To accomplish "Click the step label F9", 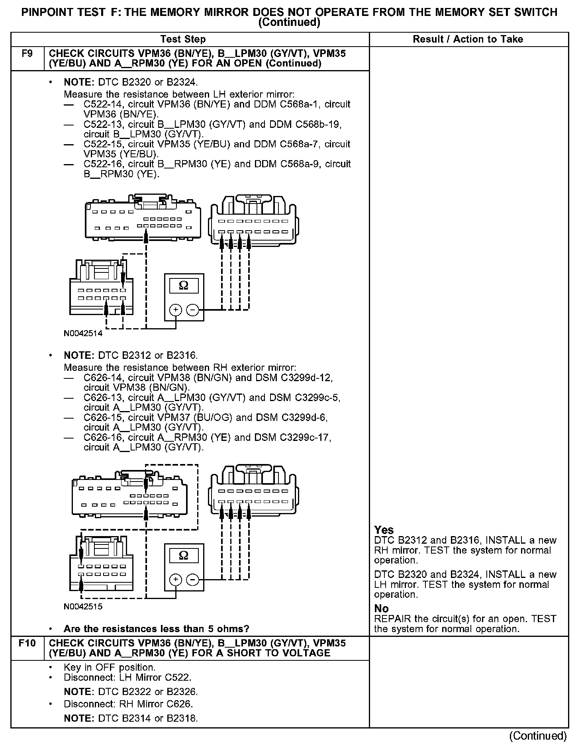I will point(27,53).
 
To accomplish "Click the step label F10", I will point(27,643).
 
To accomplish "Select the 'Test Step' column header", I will point(183,39).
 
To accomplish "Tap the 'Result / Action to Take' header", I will point(468,39).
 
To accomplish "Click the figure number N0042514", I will point(83,333).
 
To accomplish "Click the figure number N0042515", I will point(83,607).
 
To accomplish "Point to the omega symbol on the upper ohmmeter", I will point(184,285).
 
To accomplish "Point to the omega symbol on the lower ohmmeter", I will point(184,556).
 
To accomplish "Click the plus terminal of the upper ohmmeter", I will point(176,309).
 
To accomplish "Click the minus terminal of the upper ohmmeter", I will point(192,309).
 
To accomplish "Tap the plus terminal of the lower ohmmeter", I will point(176,580).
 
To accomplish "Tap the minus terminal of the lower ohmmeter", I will point(192,580).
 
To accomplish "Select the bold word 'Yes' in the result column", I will point(384,530).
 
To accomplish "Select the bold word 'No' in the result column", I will point(381,609).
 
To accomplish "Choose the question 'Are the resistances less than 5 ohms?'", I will point(156,629).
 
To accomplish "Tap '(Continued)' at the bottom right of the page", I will point(538,736).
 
